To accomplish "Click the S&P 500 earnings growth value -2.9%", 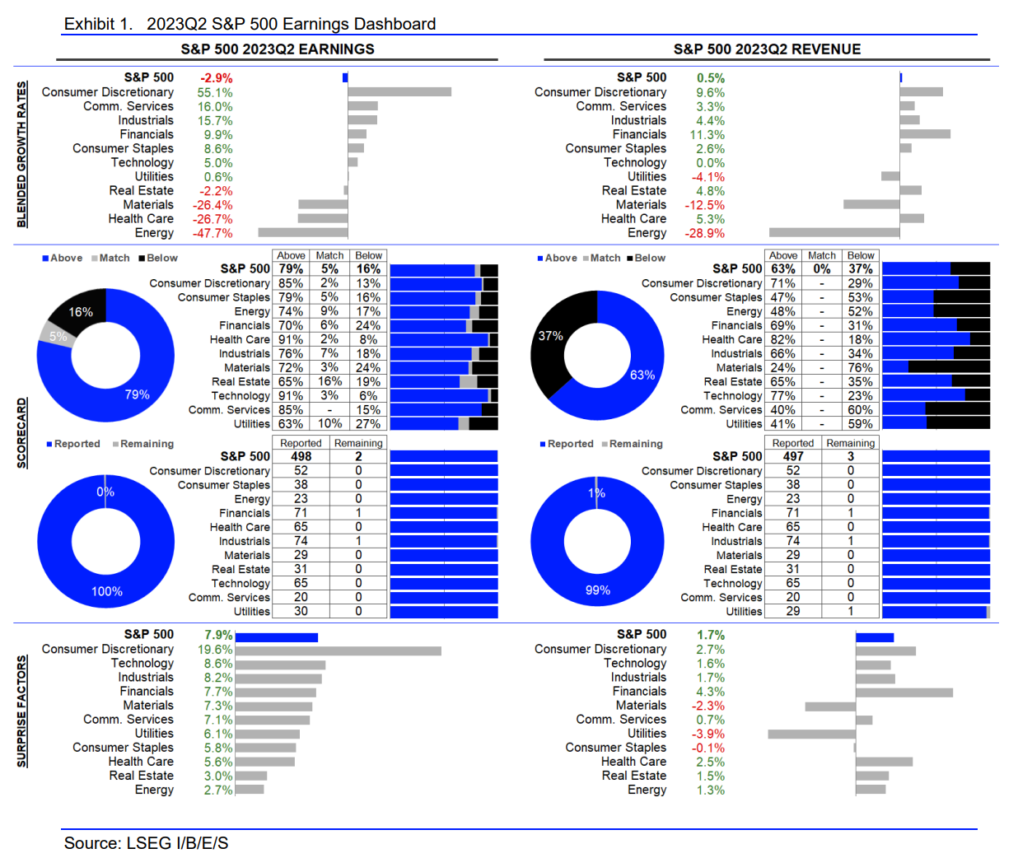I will (216, 78).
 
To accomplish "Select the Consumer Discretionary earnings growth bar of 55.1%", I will (399, 92).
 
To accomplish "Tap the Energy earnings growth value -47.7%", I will (212, 233).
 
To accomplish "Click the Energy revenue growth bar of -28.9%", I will (834, 233).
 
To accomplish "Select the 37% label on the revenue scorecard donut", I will (550, 336).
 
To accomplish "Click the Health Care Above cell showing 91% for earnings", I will (291, 339).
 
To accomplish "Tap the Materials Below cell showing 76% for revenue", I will (860, 367).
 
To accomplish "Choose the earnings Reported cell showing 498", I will (301, 456).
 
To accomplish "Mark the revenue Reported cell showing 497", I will (793, 456).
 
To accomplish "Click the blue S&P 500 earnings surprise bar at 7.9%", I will (277, 637).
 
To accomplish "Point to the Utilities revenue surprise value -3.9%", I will (708, 734).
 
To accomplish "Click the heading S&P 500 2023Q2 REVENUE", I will (767, 49).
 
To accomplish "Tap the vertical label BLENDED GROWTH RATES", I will (22, 154).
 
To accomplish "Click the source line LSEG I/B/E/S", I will (146, 843).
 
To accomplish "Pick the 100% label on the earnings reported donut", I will (107, 591).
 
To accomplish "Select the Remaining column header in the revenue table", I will (851, 443).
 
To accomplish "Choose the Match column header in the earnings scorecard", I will (329, 256).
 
